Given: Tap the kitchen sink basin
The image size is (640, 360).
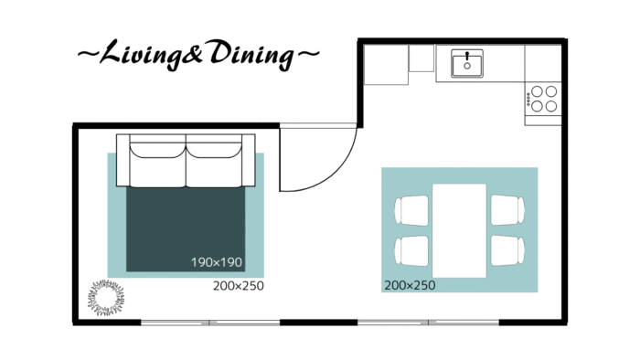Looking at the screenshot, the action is (467, 65).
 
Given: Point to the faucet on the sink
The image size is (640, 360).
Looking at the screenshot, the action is (467, 56).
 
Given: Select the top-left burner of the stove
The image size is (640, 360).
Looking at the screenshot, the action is (538, 91).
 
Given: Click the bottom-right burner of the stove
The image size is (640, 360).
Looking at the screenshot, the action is (551, 106).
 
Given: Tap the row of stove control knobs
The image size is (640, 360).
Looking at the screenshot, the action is (528, 99).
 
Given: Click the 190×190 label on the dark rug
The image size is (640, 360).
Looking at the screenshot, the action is (217, 262).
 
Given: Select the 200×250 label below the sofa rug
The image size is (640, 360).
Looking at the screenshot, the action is (239, 286).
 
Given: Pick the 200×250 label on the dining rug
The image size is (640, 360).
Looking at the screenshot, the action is (410, 285).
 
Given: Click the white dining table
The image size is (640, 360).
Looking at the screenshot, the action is (460, 231).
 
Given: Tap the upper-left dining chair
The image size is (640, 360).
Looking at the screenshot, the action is (411, 210).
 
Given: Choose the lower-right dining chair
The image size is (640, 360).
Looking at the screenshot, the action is (507, 250).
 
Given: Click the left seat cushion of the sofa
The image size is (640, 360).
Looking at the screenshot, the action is (158, 165).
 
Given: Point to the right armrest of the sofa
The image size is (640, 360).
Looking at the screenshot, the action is (249, 160).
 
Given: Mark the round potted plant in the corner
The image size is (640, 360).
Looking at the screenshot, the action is (106, 298).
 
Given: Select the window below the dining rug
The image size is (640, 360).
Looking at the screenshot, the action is (428, 323).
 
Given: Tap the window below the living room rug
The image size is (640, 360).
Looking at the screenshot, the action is (210, 323).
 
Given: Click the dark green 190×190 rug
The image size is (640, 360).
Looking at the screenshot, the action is (186, 229).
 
